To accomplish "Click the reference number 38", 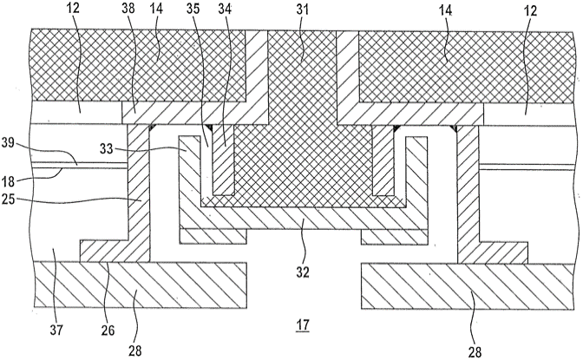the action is point(128,9).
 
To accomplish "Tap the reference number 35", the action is point(193,9).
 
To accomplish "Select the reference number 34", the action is point(225,9).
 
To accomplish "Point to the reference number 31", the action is point(303,9).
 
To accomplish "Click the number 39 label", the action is point(9,143).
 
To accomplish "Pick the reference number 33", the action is point(107,148).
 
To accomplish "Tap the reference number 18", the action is point(8,181).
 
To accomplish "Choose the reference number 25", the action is point(8,200).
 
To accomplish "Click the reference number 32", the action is point(303,272).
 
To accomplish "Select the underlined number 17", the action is point(303,325).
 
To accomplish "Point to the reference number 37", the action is point(56,330).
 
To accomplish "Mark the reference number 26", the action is point(108,330).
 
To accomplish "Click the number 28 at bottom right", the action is point(475,351).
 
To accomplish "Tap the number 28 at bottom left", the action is point(134,350).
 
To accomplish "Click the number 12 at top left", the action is point(73,8).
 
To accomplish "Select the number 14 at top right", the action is point(445,10).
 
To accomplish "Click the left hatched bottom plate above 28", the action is point(140,285).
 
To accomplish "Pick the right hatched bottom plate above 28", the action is point(467,286).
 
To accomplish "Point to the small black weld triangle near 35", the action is point(211,128).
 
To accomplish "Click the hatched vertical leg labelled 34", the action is point(223,160).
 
